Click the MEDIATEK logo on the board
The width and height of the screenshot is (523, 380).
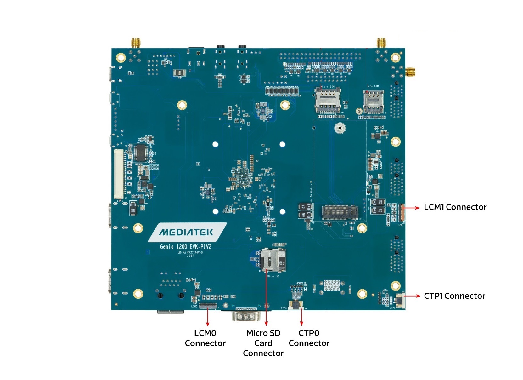186,233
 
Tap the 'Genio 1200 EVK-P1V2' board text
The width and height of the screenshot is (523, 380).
185,246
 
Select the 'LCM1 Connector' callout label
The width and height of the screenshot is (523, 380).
455,207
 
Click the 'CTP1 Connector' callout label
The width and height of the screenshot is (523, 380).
454,296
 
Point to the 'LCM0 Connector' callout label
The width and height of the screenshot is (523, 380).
205,338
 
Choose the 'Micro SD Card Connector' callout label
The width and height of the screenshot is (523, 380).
263,343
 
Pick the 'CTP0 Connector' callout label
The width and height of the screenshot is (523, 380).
309,338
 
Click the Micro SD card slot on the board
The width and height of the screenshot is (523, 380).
273,260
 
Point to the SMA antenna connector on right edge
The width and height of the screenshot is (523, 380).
410,72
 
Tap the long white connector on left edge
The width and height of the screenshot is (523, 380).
119,174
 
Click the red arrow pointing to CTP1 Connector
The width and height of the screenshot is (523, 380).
412,296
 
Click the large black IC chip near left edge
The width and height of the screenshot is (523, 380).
140,153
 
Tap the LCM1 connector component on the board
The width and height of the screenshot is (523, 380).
402,212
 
